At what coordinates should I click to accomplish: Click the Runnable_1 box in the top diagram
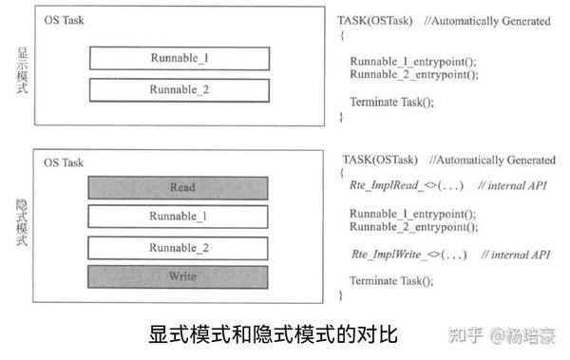(180, 58)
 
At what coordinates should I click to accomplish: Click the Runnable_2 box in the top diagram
(180, 90)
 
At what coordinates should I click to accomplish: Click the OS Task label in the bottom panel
(64, 163)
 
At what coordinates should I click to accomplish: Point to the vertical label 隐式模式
(18, 221)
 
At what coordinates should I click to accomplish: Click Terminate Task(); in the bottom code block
(391, 281)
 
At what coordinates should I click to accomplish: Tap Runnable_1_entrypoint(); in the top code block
(413, 61)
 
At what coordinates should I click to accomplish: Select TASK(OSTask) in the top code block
(374, 21)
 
